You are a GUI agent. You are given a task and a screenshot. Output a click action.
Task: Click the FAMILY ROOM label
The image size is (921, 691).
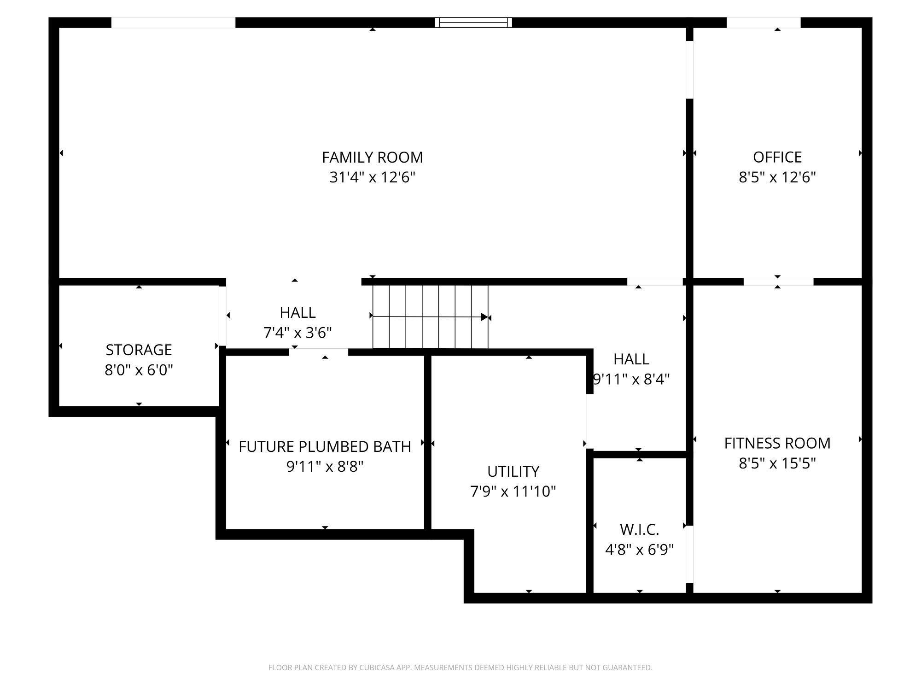(372, 158)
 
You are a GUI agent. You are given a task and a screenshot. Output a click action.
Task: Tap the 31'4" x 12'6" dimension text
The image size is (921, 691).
(372, 177)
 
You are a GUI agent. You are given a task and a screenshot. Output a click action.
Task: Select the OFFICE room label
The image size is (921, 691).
(777, 158)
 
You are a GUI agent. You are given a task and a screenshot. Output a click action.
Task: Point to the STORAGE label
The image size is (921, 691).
(139, 350)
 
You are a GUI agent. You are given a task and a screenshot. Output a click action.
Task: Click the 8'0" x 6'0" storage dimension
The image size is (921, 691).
(139, 370)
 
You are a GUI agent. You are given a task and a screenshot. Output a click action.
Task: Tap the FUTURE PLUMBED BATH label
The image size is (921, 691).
(325, 447)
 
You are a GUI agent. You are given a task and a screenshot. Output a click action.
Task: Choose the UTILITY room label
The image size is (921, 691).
(513, 472)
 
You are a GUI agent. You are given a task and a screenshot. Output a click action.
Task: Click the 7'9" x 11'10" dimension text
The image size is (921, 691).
(513, 492)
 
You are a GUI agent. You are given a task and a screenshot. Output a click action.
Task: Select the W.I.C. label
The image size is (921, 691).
(639, 530)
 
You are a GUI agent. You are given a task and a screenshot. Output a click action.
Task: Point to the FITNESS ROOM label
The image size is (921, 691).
(777, 443)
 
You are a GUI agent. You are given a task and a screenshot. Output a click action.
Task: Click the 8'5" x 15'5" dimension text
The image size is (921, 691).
(777, 463)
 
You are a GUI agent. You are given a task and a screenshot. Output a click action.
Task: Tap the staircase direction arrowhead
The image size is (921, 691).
(484, 317)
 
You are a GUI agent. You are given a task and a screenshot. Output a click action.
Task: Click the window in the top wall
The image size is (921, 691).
(473, 23)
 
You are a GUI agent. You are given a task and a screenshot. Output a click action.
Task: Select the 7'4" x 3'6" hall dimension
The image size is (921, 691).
(297, 333)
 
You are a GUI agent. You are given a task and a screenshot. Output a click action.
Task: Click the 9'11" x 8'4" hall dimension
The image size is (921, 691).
(631, 379)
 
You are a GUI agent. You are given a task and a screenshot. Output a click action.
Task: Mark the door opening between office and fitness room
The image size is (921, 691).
(778, 282)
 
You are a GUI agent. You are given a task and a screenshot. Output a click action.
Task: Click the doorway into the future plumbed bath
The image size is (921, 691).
(318, 352)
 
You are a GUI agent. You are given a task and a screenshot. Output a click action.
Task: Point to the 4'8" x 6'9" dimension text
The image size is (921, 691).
(639, 550)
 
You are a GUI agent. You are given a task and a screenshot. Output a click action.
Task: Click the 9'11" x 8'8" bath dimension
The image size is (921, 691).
(325, 467)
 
